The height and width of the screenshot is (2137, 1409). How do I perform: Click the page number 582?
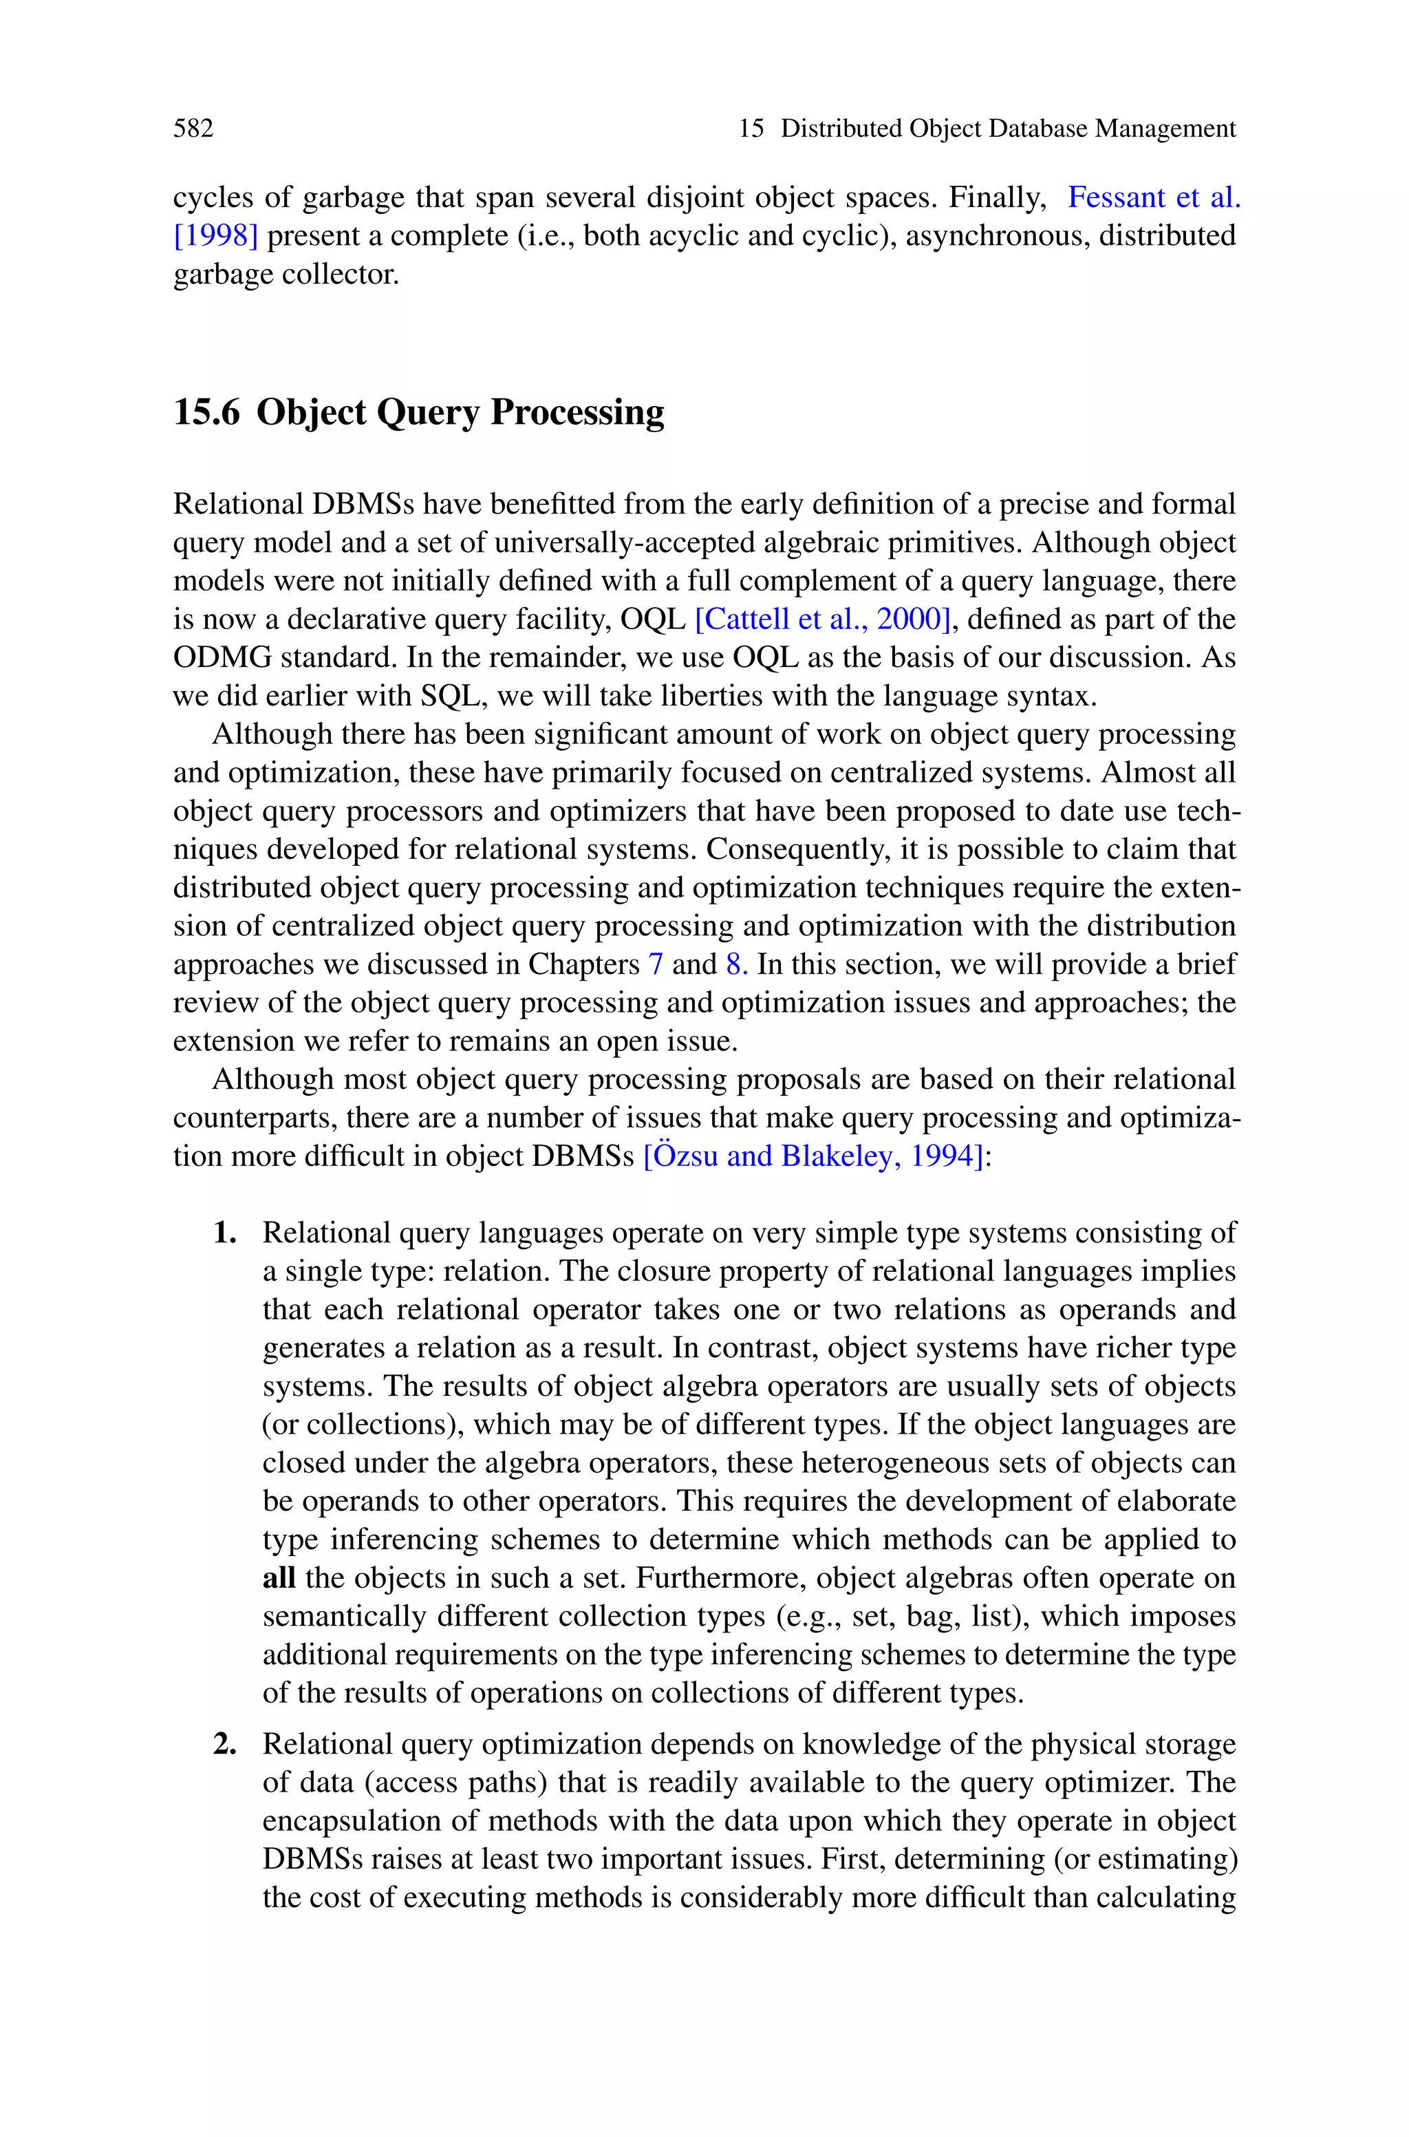(x=193, y=129)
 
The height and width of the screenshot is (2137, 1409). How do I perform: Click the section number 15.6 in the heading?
(x=206, y=412)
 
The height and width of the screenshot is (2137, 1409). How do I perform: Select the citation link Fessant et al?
(x=1153, y=197)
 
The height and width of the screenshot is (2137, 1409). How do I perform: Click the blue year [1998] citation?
(x=215, y=235)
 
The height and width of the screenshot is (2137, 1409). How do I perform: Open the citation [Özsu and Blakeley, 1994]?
(x=814, y=1156)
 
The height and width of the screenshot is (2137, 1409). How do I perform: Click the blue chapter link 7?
(x=655, y=964)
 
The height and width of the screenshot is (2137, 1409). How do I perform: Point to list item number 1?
(x=225, y=1233)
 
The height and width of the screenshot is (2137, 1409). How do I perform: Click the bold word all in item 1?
(x=279, y=1578)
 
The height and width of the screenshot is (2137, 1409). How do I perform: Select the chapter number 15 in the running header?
(x=751, y=129)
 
